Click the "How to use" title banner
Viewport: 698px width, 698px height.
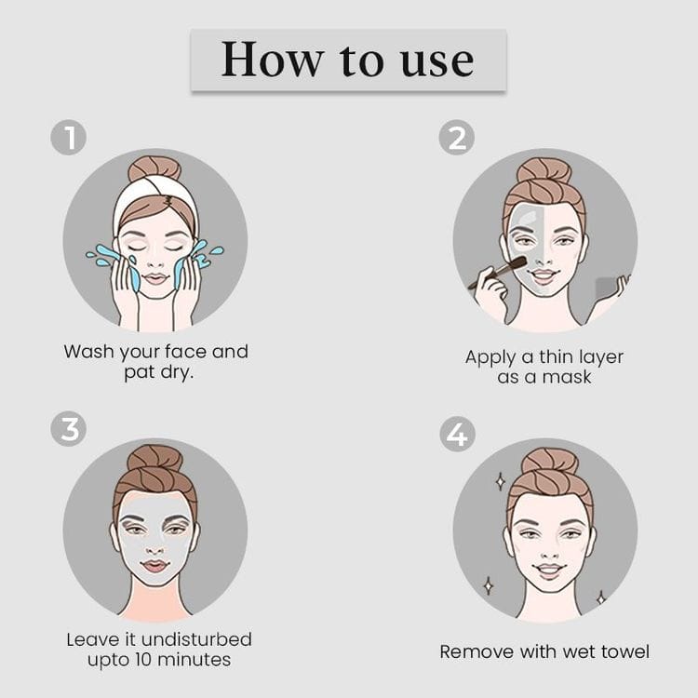(349, 60)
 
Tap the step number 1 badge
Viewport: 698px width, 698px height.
(69, 137)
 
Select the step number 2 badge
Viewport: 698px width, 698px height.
(457, 137)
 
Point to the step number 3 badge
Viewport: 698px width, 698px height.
(69, 429)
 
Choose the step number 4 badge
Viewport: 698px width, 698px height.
(457, 434)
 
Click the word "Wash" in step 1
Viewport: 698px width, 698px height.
(88, 352)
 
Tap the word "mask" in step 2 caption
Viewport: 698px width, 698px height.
(567, 377)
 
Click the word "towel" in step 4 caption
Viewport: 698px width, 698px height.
(625, 651)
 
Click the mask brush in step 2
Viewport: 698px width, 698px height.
(498, 272)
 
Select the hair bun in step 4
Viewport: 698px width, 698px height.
(550, 463)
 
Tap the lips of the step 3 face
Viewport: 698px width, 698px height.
(154, 566)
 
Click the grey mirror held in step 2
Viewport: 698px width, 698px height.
(607, 288)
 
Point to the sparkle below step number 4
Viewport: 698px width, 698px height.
(501, 482)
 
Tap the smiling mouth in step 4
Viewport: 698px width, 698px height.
(549, 570)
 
